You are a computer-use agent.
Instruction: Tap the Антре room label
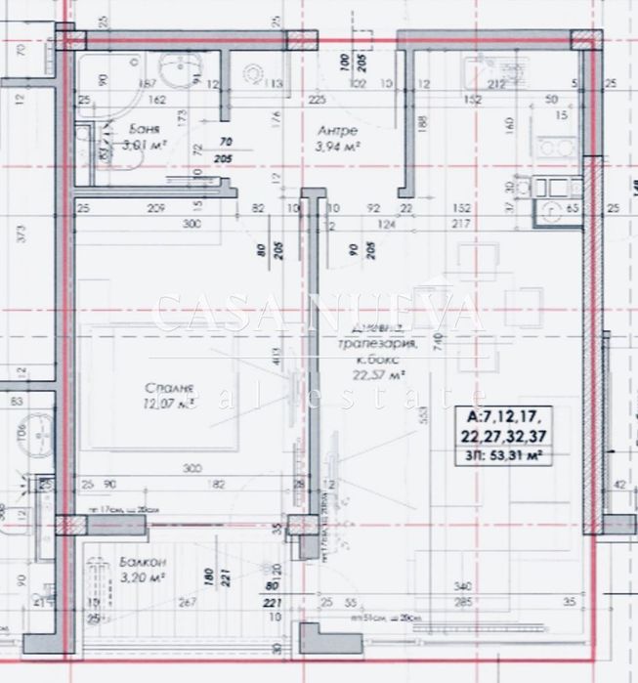tap(337, 130)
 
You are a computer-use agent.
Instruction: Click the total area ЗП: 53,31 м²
tap(504, 453)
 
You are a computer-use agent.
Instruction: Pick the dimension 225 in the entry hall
tap(315, 99)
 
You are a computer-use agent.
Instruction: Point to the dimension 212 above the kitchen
tap(495, 84)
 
